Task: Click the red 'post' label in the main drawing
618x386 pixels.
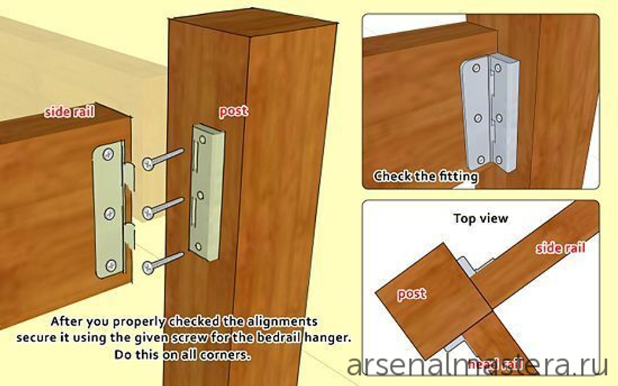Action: click(x=234, y=111)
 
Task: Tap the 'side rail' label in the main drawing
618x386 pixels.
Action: click(x=69, y=112)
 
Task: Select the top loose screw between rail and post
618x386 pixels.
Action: click(x=163, y=159)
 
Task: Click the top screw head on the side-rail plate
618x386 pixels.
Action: click(x=108, y=154)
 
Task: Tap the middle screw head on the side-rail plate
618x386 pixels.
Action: click(x=109, y=214)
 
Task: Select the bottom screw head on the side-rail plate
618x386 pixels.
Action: click(x=111, y=266)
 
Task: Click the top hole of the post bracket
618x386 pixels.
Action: click(x=202, y=140)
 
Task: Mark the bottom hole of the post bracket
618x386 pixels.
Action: click(x=198, y=246)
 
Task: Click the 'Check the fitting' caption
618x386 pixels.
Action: click(x=426, y=176)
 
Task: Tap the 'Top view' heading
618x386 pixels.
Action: click(x=481, y=218)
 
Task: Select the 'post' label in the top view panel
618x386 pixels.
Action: click(x=412, y=294)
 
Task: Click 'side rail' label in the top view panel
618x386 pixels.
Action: click(x=561, y=248)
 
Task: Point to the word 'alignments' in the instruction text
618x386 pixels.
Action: click(x=282, y=321)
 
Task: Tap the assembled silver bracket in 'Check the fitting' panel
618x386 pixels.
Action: click(x=489, y=112)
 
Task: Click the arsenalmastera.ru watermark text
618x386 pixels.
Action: click(x=477, y=366)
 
